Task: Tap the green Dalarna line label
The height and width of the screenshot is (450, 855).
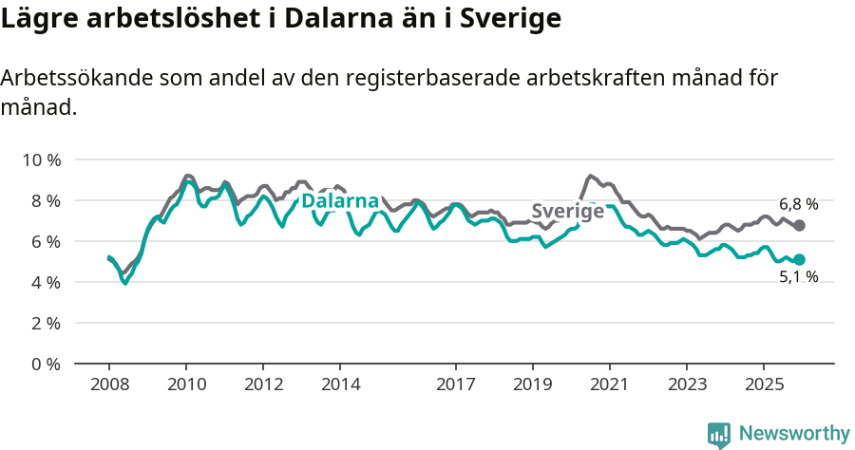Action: [340, 201]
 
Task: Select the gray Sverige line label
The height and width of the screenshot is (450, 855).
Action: [567, 211]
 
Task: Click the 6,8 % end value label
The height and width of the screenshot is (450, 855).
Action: [798, 204]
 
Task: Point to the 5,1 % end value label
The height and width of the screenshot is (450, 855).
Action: [798, 277]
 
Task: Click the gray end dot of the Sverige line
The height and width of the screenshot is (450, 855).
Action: [800, 225]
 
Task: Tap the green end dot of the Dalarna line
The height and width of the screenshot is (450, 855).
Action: [800, 259]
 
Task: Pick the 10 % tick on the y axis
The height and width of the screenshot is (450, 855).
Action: [41, 159]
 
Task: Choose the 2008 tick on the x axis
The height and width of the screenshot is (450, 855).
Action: [109, 384]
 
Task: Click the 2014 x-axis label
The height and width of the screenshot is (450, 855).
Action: [340, 384]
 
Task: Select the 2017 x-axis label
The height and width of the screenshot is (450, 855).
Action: [456, 384]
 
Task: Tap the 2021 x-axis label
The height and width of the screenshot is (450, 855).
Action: [609, 384]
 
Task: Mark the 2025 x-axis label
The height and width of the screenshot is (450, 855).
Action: [763, 384]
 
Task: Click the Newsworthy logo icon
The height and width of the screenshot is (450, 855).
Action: [719, 434]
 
